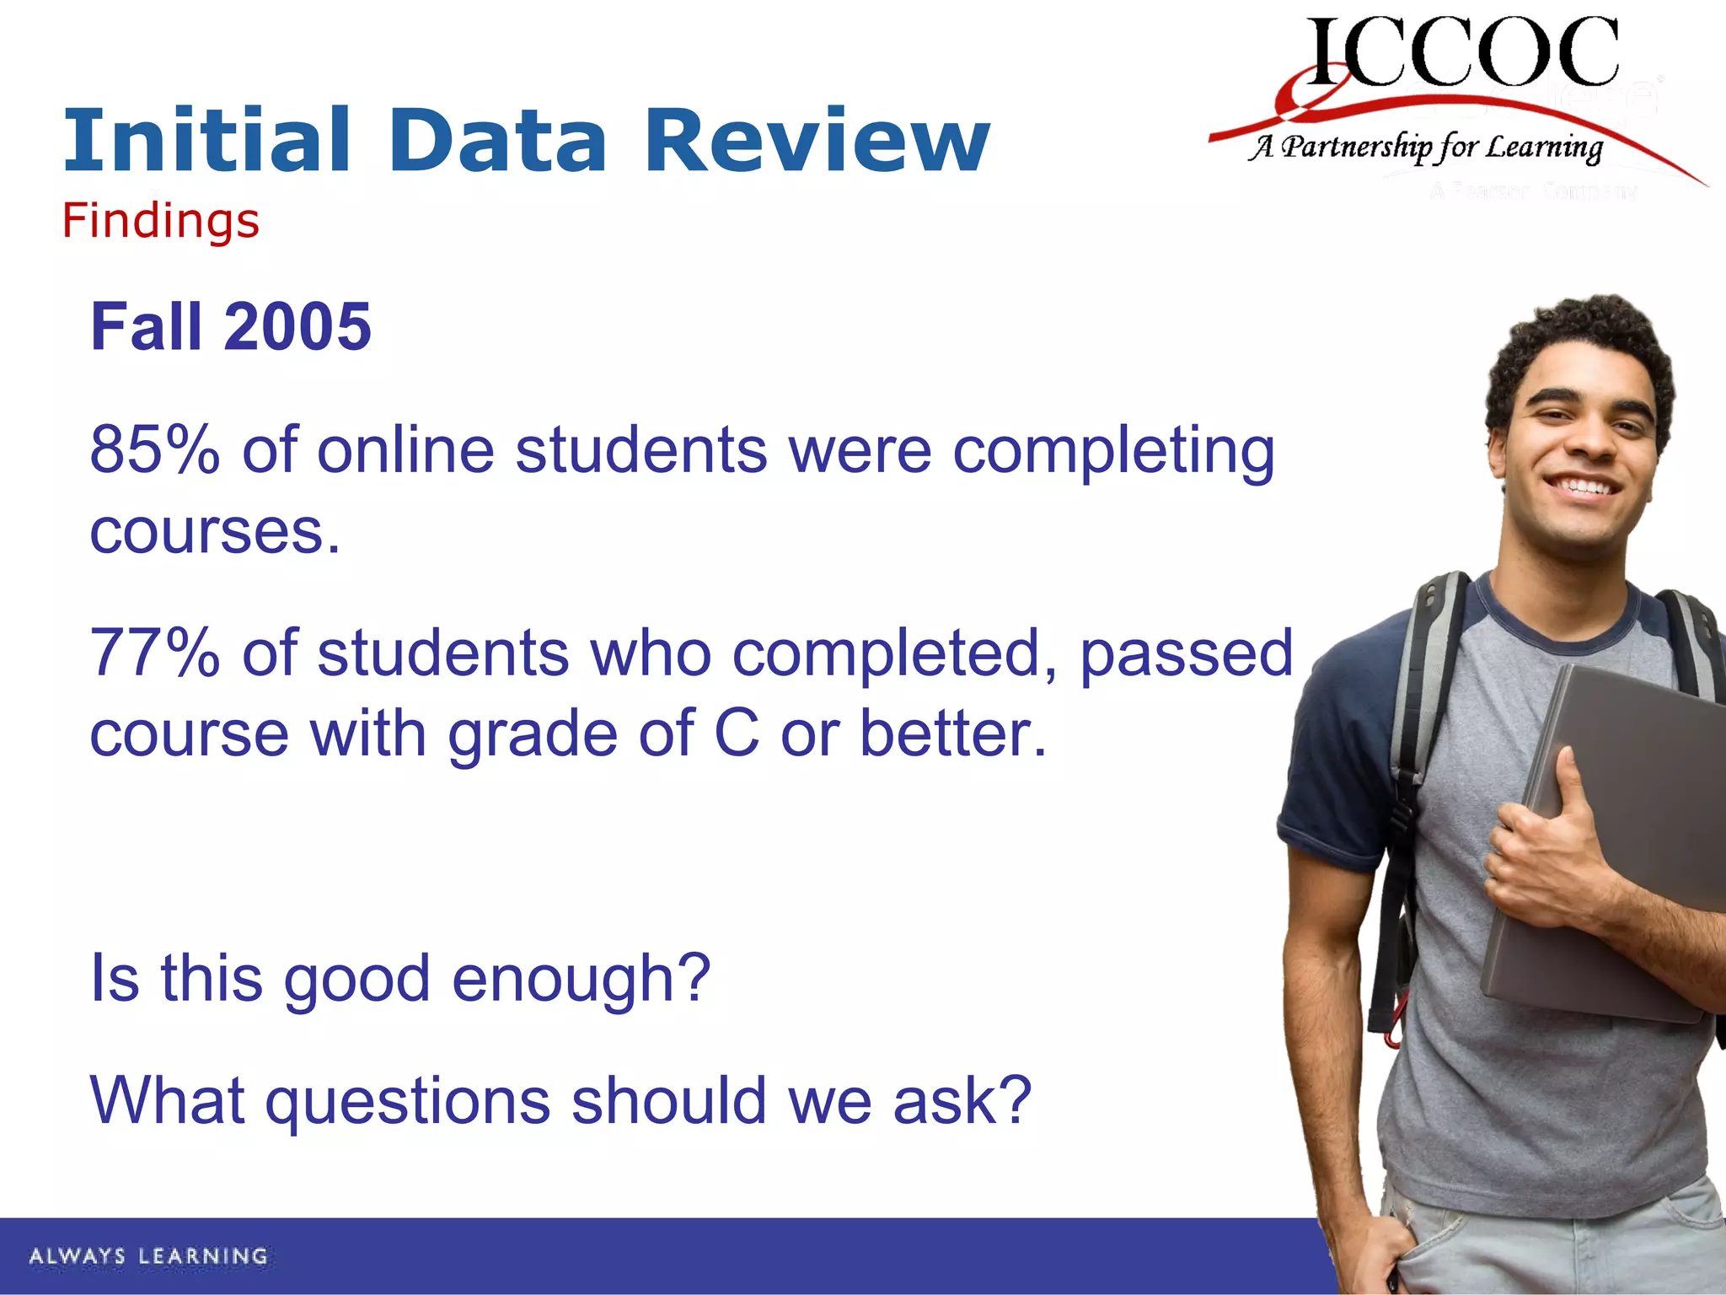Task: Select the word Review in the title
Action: tap(816, 141)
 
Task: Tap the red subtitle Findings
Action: tap(160, 221)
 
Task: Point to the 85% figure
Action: tap(154, 450)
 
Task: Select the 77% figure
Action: tap(154, 653)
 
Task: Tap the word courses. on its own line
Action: tap(215, 533)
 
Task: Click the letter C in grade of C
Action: tap(736, 733)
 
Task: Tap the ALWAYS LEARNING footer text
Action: tap(148, 1256)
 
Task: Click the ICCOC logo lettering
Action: tap(1462, 52)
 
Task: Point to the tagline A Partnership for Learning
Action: tap(1424, 148)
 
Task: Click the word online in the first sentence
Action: tap(405, 450)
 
